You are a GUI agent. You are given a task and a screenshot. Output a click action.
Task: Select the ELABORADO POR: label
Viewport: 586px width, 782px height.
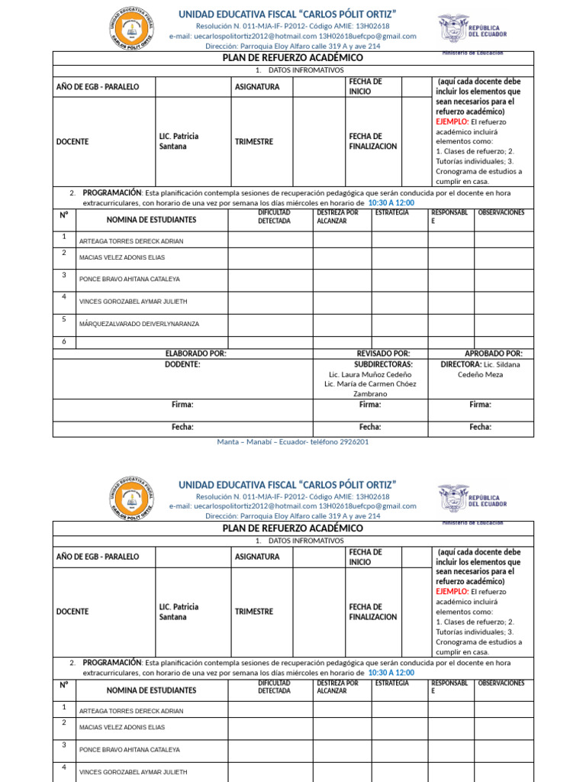point(195,354)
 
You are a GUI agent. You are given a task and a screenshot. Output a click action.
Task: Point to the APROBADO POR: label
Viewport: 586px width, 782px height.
point(494,354)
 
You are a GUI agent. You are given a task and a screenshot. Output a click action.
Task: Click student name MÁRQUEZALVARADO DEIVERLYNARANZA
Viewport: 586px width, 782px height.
point(139,324)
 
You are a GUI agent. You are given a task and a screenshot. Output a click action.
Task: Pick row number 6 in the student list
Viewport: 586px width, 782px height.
point(64,341)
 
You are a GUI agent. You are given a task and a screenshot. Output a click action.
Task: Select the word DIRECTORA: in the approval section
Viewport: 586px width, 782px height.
point(461,364)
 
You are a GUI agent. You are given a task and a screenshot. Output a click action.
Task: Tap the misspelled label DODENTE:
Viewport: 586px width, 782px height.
point(182,364)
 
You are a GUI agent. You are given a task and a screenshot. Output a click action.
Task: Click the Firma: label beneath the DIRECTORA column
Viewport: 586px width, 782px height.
point(480,405)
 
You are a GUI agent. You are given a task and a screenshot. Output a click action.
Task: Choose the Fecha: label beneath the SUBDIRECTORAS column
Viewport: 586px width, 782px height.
point(370,427)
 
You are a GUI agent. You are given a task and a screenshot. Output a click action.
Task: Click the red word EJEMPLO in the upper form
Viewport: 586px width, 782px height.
point(451,121)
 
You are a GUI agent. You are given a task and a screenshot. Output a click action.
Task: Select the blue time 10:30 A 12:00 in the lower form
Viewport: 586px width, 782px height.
point(391,673)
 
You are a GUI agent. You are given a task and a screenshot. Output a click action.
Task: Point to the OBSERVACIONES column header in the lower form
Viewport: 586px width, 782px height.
point(501,683)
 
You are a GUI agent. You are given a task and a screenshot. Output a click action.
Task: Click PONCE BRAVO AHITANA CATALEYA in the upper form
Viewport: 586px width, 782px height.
point(129,280)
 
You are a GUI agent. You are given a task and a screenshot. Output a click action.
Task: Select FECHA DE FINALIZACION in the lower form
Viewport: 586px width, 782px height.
point(373,612)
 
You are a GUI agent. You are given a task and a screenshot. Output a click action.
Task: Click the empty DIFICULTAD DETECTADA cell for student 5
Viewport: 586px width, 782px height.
point(270,325)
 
